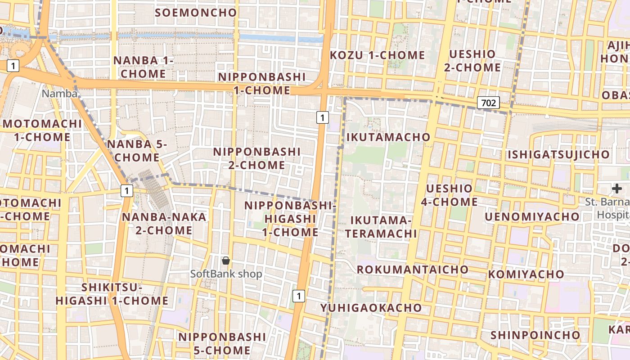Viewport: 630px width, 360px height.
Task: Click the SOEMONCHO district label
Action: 196,13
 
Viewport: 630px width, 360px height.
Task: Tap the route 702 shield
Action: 488,103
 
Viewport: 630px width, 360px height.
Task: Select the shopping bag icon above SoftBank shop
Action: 226,261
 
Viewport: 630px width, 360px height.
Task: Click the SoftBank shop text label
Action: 226,274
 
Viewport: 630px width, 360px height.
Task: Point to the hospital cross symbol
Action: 617,189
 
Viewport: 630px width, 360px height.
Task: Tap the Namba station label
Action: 59,94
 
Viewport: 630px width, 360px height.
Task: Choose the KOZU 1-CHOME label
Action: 377,55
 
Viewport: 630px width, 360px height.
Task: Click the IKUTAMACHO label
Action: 388,137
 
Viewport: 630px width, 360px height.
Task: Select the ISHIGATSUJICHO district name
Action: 558,155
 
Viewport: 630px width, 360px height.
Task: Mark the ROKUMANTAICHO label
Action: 413,270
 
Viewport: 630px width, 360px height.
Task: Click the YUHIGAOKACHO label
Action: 371,308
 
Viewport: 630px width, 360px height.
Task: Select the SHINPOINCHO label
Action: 535,335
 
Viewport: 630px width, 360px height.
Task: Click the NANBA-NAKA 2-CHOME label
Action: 164,224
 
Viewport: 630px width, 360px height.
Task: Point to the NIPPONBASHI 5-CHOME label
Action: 222,343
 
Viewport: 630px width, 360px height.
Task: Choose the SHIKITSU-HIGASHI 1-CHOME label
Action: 112,294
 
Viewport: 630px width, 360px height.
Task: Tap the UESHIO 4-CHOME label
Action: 449,195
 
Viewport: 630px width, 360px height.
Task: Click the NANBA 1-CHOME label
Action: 143,67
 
